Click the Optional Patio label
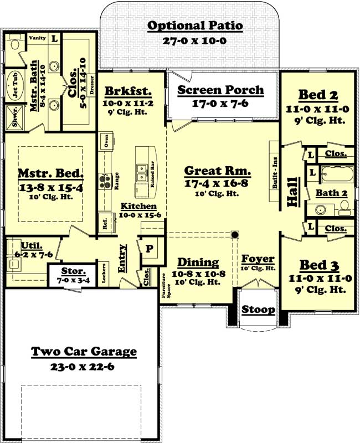pyautogui.click(x=196, y=25)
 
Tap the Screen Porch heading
pyautogui.click(x=220, y=90)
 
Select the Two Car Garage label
pyautogui.click(x=84, y=352)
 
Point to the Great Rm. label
pyautogui.click(x=218, y=171)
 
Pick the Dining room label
pyautogui.click(x=198, y=262)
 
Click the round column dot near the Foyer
pyautogui.click(x=235, y=235)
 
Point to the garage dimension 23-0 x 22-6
pyautogui.click(x=84, y=365)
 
